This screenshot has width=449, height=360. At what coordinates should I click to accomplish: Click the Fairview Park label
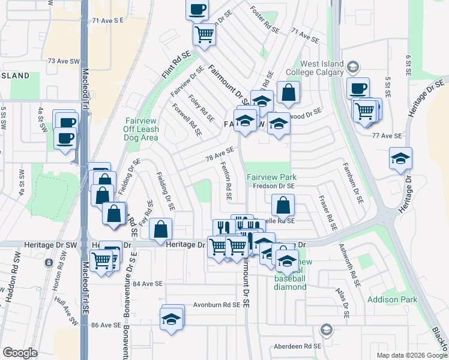pos(271,178)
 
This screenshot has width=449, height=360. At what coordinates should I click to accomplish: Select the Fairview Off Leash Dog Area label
pos(141,129)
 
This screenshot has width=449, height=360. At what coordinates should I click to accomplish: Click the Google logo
pos(20,353)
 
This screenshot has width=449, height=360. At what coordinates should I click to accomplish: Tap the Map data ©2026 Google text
pos(411,355)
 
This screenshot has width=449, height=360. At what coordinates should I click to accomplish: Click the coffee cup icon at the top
pos(197,10)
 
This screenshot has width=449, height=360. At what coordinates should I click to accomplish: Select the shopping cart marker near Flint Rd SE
pos(204,34)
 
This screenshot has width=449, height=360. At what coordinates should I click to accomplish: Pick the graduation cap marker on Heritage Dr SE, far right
pos(400,158)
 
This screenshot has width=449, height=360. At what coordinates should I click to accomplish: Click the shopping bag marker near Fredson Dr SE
pos(282,205)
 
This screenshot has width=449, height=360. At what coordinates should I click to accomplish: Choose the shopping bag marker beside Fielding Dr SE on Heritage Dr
pos(161,229)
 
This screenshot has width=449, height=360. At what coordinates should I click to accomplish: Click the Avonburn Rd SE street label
pos(217,304)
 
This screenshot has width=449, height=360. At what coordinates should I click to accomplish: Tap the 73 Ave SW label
pos(64,61)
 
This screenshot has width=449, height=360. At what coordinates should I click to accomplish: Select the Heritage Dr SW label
pos(51,245)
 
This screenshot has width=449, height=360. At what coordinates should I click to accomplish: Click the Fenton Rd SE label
pos(226,181)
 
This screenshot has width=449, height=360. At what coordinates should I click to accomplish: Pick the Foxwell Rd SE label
pos(186,120)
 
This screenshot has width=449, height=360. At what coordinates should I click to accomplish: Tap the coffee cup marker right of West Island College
pos(358,89)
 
